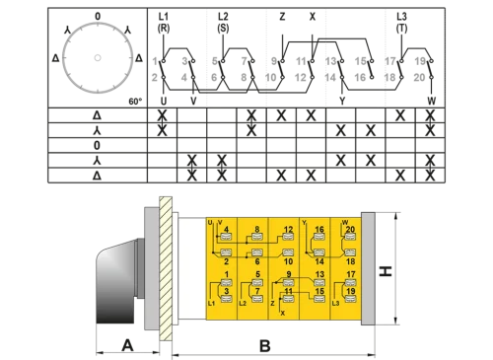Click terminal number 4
229,230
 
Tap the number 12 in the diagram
288,230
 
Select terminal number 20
350,230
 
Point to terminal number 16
319,230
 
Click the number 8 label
257,230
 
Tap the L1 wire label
211,302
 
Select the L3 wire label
336,302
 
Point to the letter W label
342,223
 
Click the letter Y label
305,223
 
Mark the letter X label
283,312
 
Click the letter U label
210,223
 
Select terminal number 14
319,261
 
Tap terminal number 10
288,261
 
